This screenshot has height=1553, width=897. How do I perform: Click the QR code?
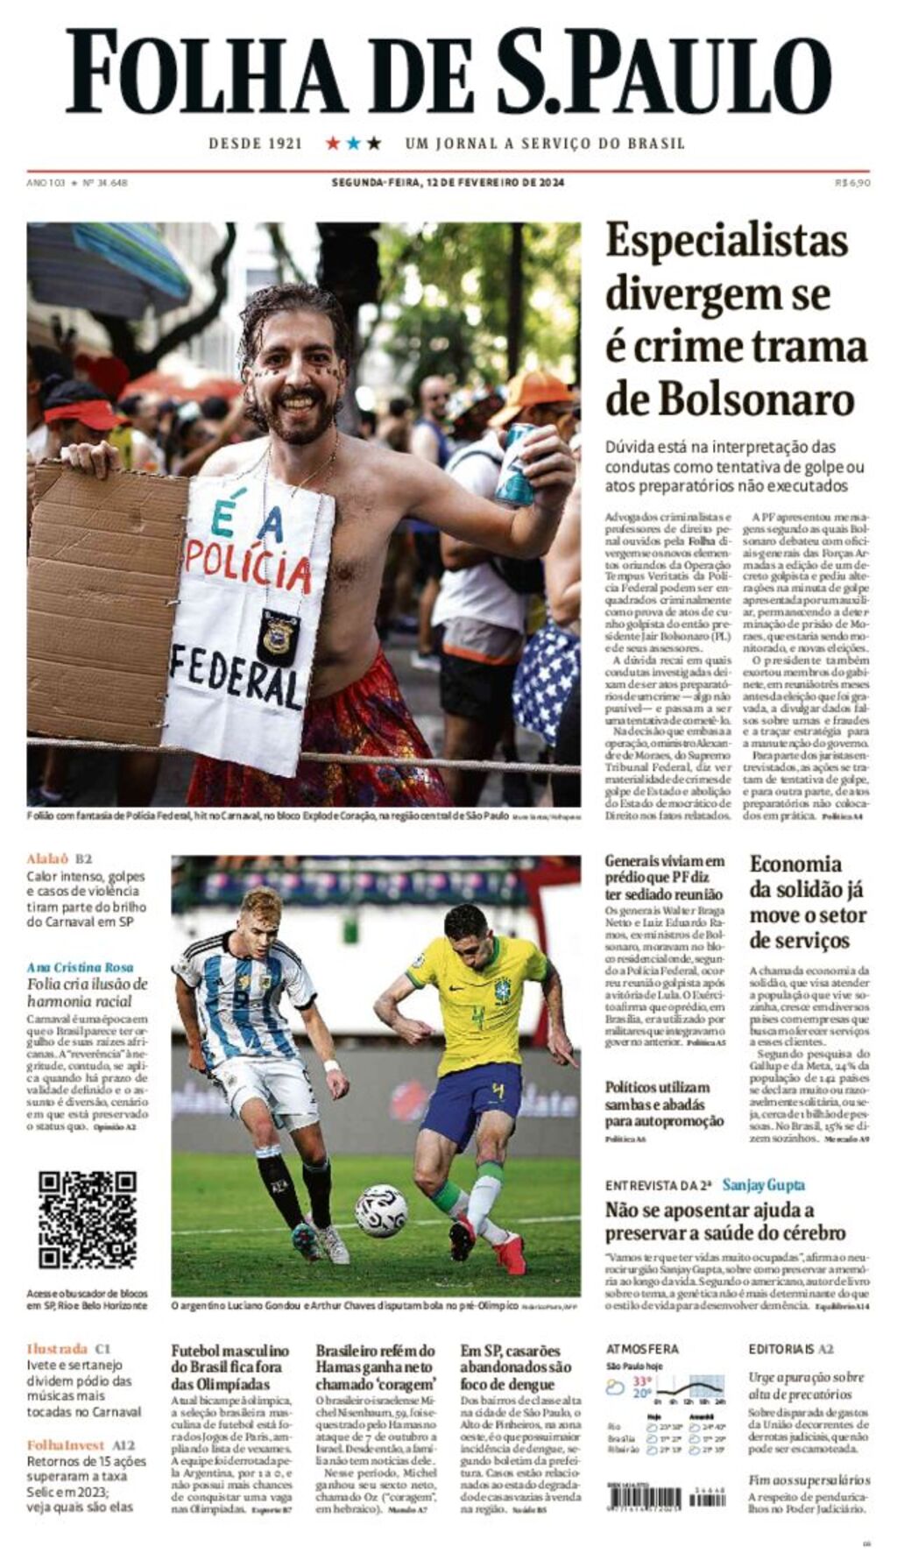click(88, 1219)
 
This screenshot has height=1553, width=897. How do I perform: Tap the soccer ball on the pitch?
click(381, 1210)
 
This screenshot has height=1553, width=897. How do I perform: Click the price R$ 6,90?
click(852, 183)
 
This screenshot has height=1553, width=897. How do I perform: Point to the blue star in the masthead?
click(353, 143)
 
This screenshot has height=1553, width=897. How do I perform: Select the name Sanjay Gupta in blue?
click(763, 1185)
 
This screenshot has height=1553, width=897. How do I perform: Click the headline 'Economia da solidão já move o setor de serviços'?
click(807, 902)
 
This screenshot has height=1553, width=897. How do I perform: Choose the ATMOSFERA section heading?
click(642, 1349)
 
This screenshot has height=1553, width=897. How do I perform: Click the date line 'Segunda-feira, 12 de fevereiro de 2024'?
click(448, 183)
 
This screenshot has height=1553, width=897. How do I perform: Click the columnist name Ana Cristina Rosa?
click(80, 967)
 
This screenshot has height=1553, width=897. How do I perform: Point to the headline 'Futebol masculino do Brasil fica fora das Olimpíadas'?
click(230, 1366)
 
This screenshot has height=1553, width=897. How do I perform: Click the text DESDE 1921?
click(255, 144)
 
